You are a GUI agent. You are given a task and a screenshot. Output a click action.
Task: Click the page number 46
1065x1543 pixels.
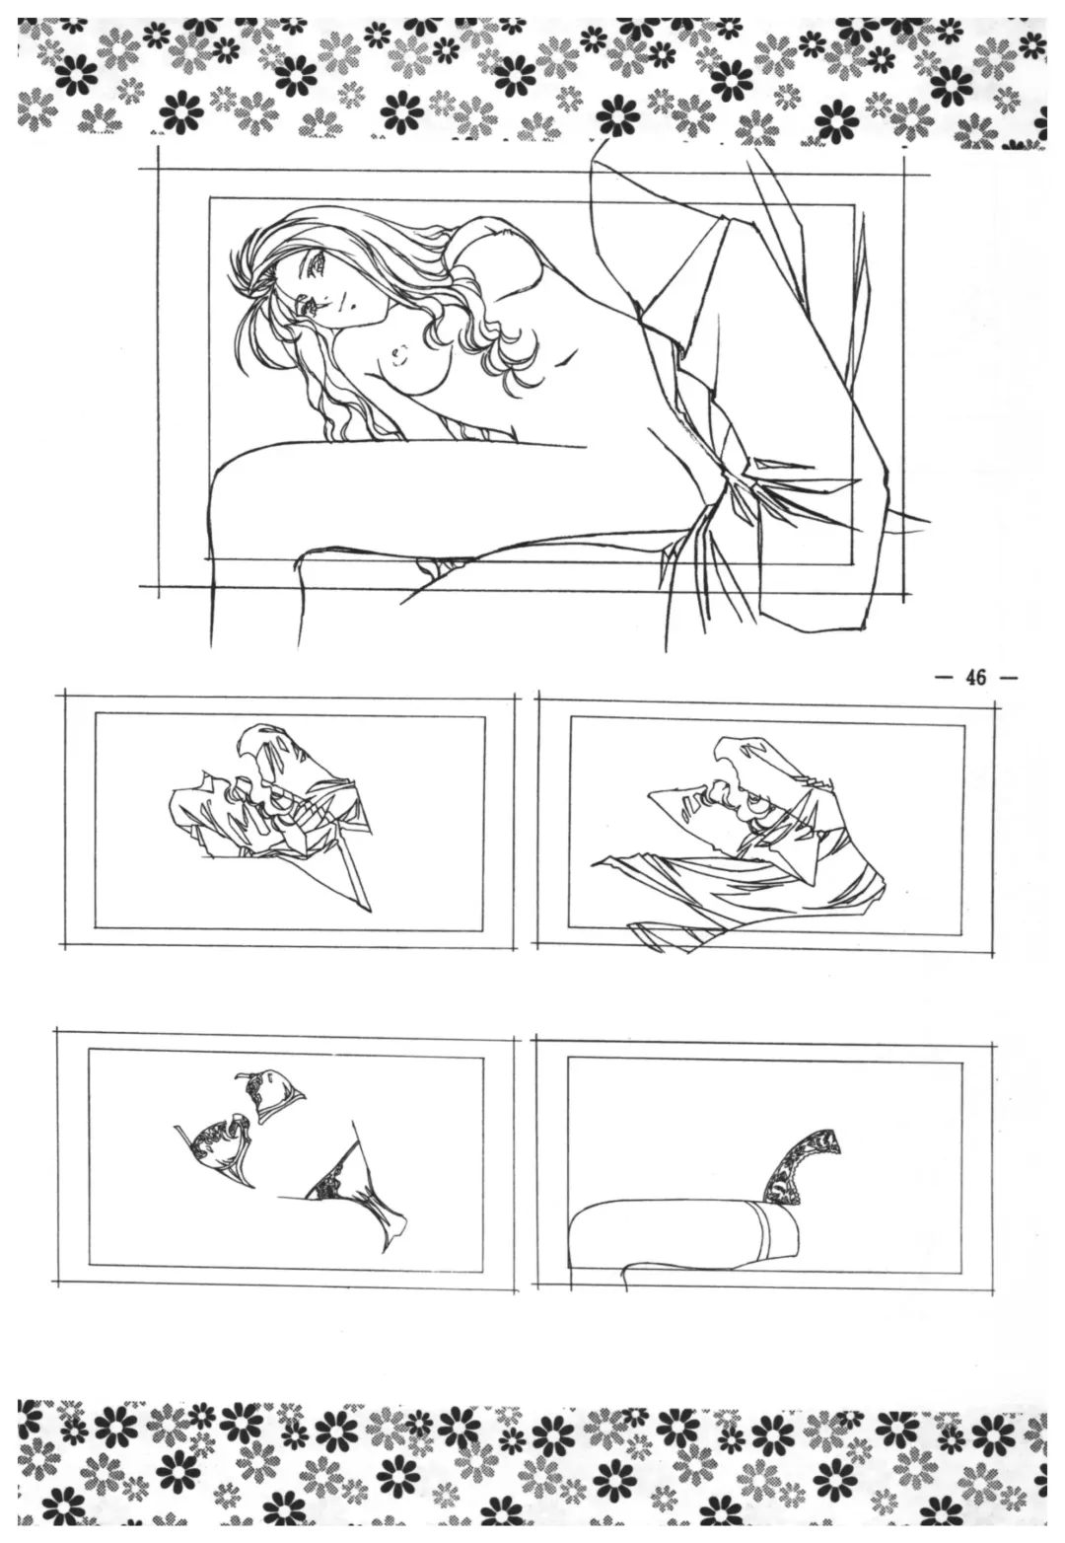976,677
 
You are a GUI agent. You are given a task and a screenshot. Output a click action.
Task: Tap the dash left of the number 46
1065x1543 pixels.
944,678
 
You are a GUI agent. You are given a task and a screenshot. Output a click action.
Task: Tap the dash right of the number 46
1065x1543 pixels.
1007,678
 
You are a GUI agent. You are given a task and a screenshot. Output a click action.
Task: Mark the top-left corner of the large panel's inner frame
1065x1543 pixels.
209,198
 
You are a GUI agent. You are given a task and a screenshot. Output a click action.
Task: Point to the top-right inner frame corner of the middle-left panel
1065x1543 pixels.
484,717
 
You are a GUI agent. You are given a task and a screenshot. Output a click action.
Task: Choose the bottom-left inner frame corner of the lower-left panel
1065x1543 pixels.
90,1264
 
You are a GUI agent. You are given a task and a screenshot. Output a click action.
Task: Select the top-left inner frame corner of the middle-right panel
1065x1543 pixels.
570,717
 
